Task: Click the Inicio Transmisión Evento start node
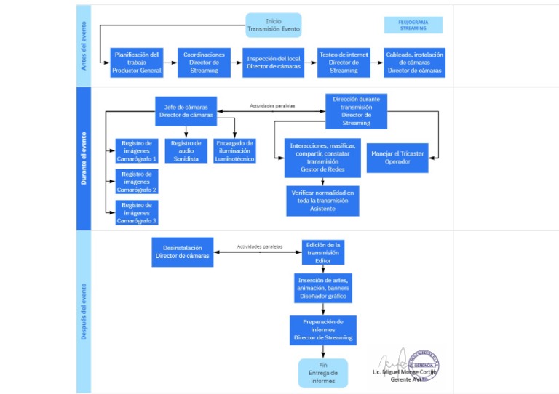point(273,25)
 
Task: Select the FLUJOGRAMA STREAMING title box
point(413,25)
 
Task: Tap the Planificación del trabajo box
point(137,63)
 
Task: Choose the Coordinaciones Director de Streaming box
point(204,63)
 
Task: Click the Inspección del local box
point(273,63)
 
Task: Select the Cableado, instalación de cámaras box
point(414,63)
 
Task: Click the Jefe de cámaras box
point(186,111)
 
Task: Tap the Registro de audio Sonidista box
point(186,150)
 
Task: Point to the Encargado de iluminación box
point(234,150)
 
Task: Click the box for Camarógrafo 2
point(137,182)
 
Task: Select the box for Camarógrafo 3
point(137,213)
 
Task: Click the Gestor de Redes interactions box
point(322,158)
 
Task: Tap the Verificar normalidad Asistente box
point(322,201)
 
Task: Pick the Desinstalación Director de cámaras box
point(182,252)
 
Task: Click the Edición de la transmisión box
point(323,252)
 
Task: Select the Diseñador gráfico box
point(323,288)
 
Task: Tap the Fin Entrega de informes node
point(323,373)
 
